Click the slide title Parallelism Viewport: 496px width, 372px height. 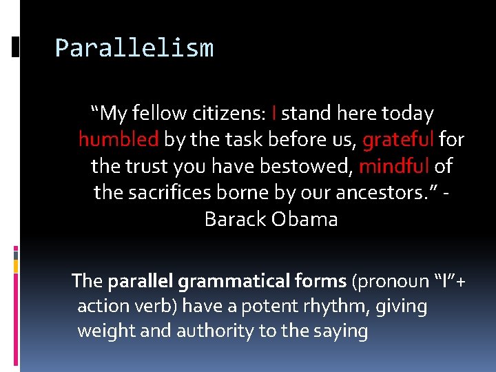[134, 48]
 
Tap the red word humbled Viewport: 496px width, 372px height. [118, 140]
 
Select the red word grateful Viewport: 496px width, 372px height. [398, 140]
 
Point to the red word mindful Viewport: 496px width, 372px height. [395, 166]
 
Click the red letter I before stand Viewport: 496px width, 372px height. [275, 113]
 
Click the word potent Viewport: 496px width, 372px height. [269, 306]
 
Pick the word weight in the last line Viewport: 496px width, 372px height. [103, 331]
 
